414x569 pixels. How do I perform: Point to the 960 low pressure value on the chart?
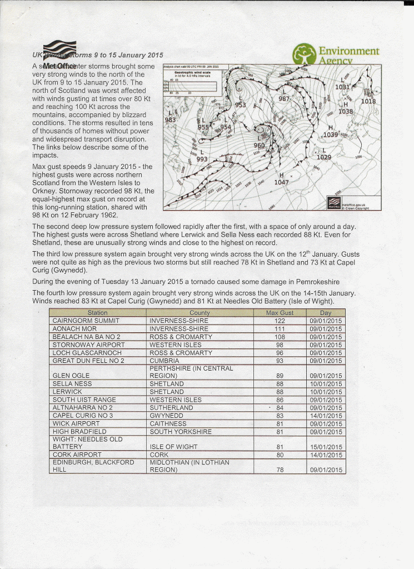pyautogui.click(x=260, y=146)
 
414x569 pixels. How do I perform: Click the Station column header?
pyautogui.click(x=98, y=313)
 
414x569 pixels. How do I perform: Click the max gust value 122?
pyautogui.click(x=280, y=321)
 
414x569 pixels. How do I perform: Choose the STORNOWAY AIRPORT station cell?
pyautogui.click(x=88, y=345)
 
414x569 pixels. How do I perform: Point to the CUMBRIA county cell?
pyautogui.click(x=164, y=361)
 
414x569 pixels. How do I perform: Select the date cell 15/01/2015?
pyautogui.click(x=326, y=446)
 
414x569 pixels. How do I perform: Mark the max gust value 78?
pyautogui.click(x=280, y=470)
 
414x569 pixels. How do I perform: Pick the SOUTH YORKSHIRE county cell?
pyautogui.click(x=181, y=431)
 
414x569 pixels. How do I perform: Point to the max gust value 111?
pyautogui.click(x=280, y=328)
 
